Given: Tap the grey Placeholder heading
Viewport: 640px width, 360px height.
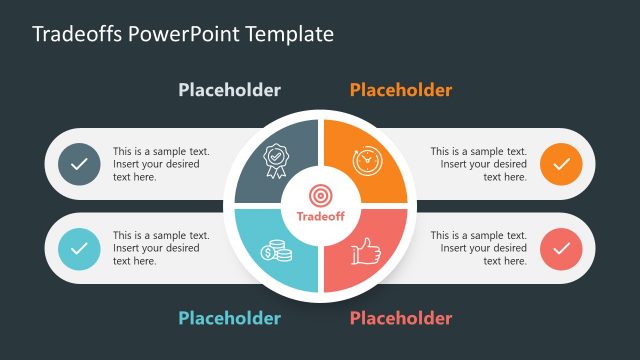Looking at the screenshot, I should [x=230, y=90].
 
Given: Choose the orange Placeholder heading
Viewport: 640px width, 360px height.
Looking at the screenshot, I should [x=401, y=90].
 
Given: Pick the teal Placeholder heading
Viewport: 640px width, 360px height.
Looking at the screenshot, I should [x=230, y=319].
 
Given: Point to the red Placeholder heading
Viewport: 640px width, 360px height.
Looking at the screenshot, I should [x=401, y=319].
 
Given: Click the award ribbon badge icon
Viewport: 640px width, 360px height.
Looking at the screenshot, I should [x=275, y=158].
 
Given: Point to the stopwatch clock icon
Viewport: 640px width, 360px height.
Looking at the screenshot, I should [x=367, y=160].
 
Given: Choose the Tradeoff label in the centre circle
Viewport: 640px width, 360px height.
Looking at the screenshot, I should [x=320, y=215].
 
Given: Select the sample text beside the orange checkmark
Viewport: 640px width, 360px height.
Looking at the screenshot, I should [x=479, y=164].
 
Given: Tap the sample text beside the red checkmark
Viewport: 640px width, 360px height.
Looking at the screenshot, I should [x=479, y=248].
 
